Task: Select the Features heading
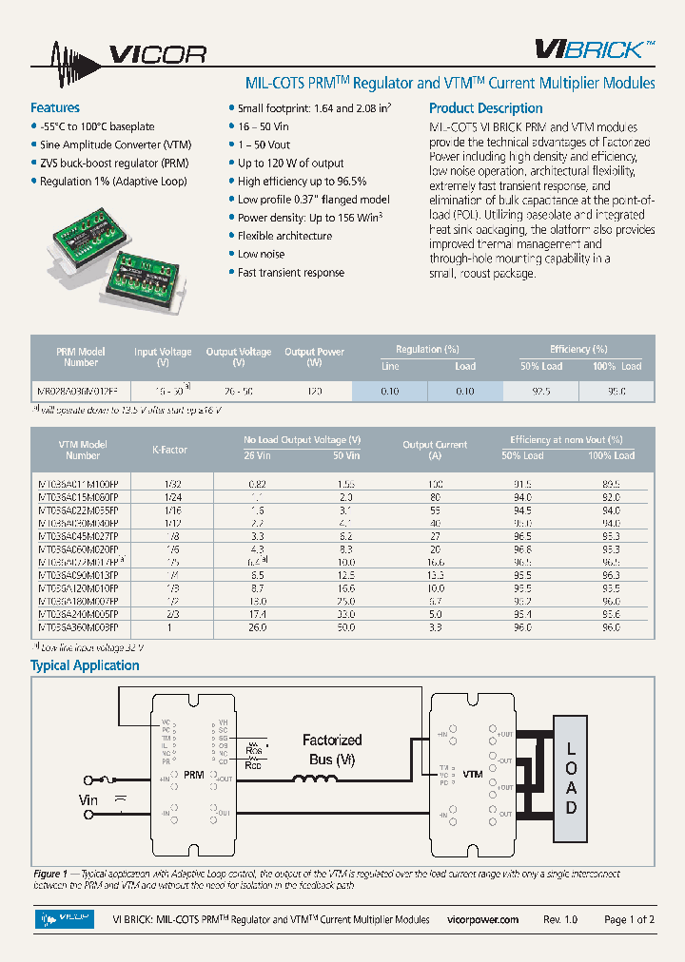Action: coord(55,107)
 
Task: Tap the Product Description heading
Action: coord(485,108)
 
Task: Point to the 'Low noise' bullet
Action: coord(261,254)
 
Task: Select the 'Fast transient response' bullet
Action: coord(290,273)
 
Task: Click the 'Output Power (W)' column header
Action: coord(314,356)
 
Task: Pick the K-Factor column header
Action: coord(170,449)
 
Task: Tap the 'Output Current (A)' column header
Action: coord(435,449)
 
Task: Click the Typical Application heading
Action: coord(86,665)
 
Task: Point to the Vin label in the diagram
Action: coord(88,799)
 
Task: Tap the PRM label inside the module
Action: coord(194,775)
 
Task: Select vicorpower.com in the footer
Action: coord(482,919)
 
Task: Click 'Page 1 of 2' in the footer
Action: coord(629,919)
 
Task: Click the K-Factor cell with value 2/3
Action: coord(170,615)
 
